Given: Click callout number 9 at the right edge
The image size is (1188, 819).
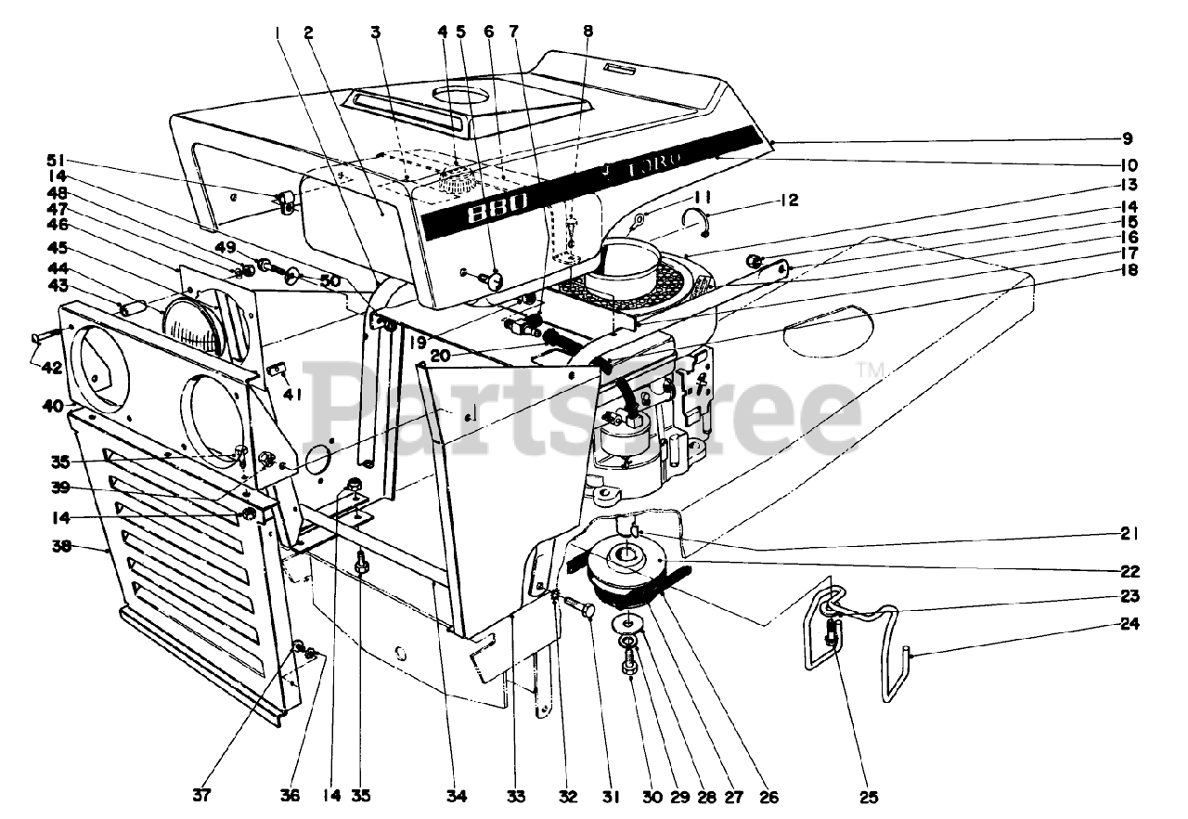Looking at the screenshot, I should click(x=1126, y=140).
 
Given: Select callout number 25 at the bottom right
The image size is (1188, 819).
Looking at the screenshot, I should click(x=868, y=797).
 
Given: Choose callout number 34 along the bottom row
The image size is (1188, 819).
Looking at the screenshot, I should click(x=456, y=797).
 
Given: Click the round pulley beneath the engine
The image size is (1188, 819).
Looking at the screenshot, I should click(x=629, y=563).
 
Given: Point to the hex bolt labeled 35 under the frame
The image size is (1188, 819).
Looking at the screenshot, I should click(x=361, y=561).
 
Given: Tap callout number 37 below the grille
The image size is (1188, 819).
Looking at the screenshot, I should click(x=202, y=797).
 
